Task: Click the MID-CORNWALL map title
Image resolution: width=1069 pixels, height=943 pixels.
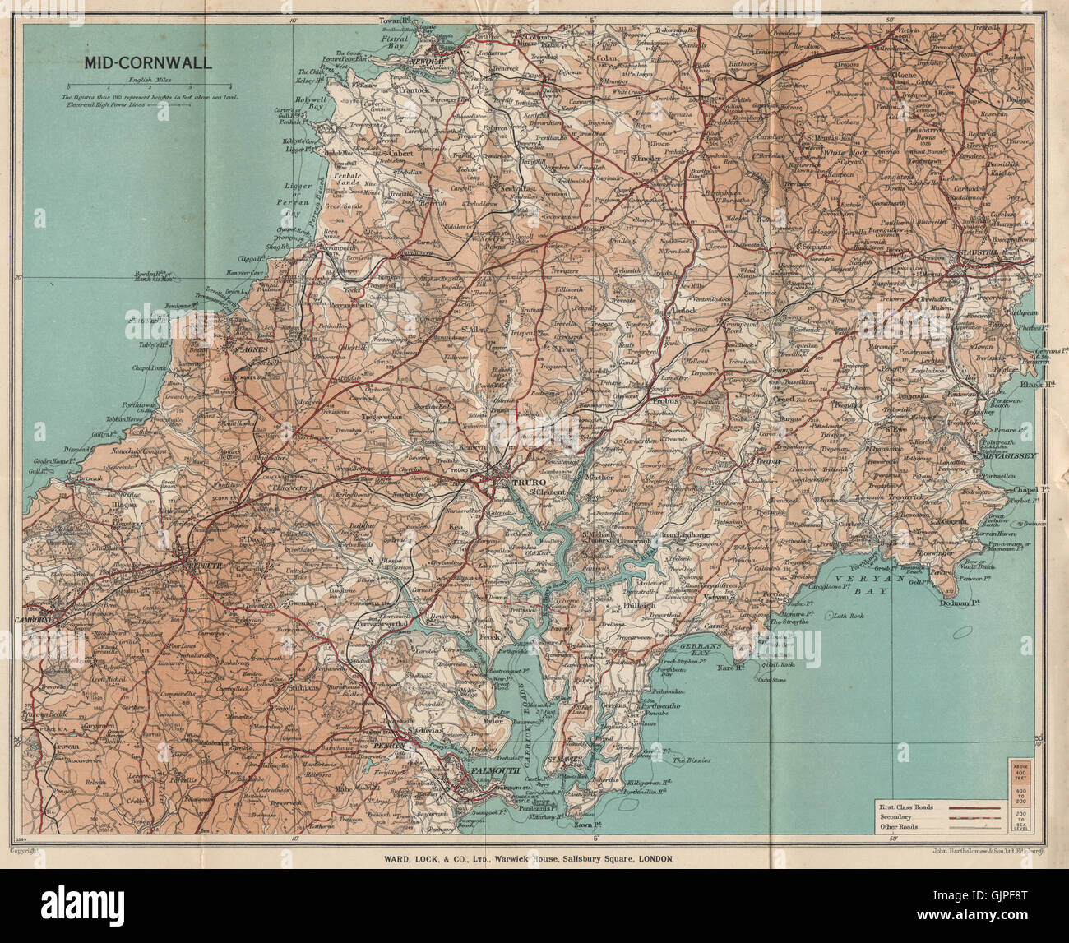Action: coord(146,62)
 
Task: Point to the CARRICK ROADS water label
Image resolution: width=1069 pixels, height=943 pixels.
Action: coord(539,710)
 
